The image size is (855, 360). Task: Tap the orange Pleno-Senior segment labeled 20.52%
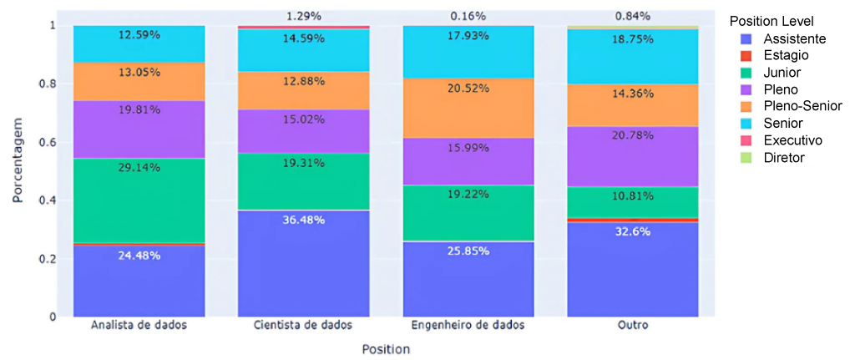coord(468,108)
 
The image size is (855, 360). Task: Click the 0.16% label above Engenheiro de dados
coord(468,16)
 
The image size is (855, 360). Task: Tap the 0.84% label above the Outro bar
coord(633,16)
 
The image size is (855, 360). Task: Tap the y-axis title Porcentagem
coord(18,171)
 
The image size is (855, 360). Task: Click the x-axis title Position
coord(386,349)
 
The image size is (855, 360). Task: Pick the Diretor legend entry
coord(784,157)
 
